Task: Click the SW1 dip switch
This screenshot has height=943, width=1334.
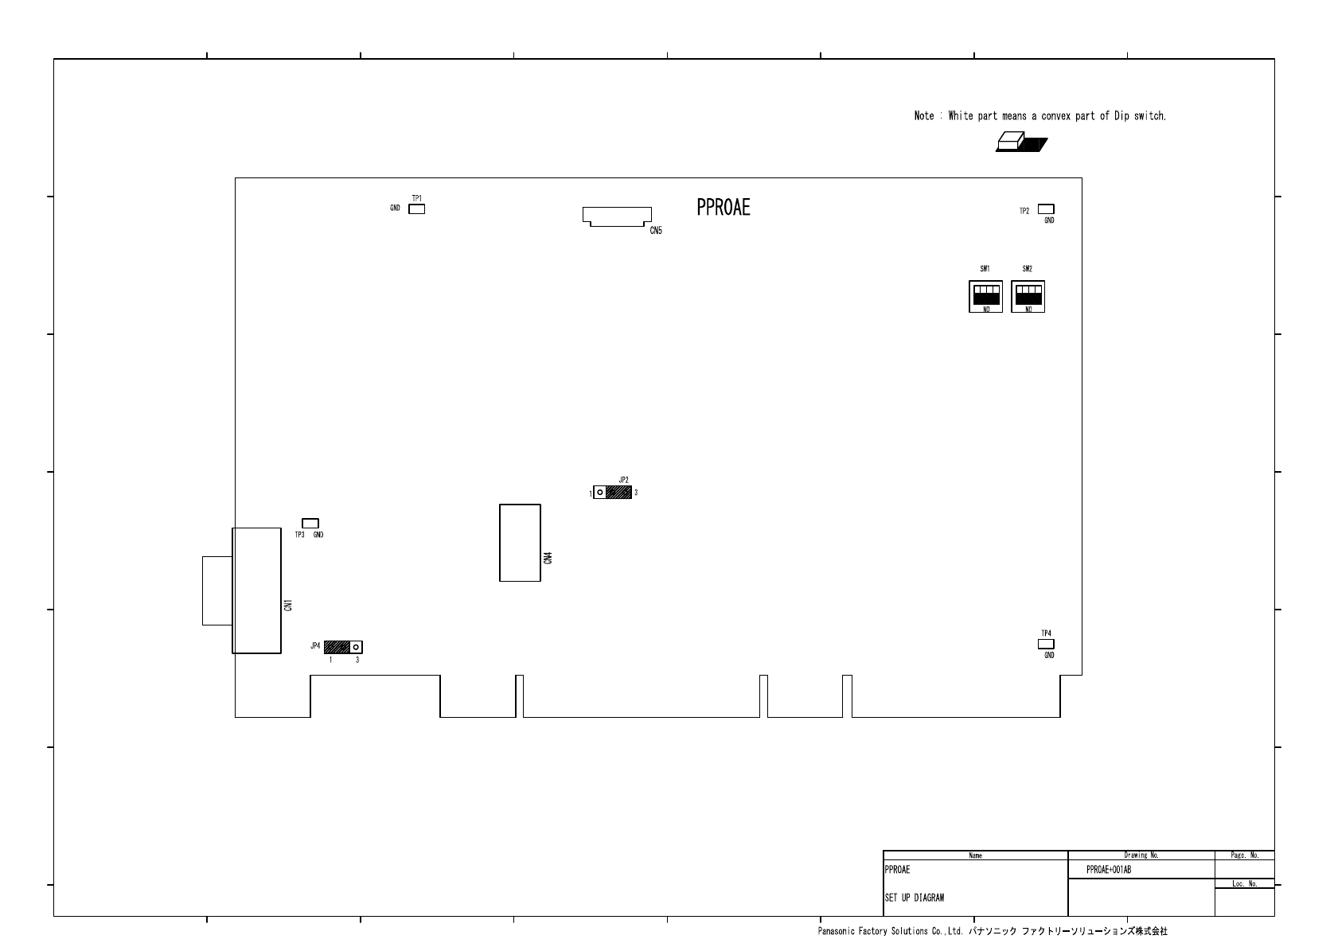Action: (985, 297)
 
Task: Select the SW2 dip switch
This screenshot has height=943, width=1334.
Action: (1028, 297)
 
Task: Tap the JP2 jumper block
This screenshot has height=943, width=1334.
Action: (612, 493)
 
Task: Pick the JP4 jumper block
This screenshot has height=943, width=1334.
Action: (343, 646)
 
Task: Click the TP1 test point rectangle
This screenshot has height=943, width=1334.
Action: (416, 209)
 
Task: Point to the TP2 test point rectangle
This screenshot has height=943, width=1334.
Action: (1046, 209)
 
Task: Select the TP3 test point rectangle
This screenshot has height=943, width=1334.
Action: (310, 524)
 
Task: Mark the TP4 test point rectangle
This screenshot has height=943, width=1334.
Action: (1046, 644)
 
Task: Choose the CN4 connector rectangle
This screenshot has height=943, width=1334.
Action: (520, 543)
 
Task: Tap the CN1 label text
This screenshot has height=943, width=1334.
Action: (288, 606)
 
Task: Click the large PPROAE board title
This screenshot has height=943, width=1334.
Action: (724, 207)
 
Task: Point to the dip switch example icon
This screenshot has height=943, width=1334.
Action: (1021, 142)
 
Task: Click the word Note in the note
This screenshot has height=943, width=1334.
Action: (924, 115)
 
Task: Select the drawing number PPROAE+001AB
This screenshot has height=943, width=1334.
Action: (1109, 870)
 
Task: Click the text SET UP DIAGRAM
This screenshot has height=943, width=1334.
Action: (915, 898)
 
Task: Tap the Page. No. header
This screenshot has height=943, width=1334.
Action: (1246, 855)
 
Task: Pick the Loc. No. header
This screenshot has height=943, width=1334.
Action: (1246, 883)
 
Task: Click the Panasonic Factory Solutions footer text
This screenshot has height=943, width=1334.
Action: (891, 931)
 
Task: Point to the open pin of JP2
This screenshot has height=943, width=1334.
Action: (599, 493)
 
